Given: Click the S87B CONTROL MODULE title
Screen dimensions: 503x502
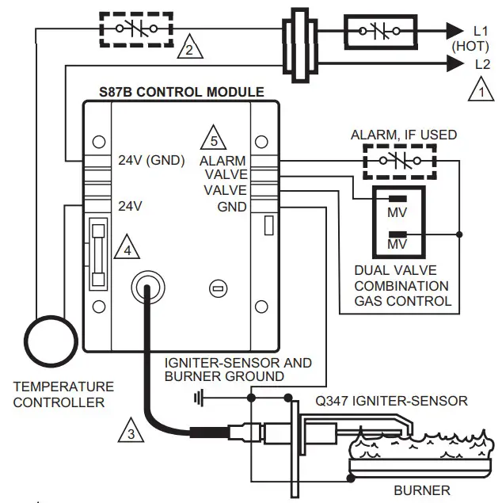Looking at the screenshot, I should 181,92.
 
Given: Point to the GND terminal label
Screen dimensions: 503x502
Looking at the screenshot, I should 232,207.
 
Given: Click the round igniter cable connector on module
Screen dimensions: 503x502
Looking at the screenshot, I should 144,289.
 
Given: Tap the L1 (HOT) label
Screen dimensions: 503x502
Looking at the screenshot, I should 481,37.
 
